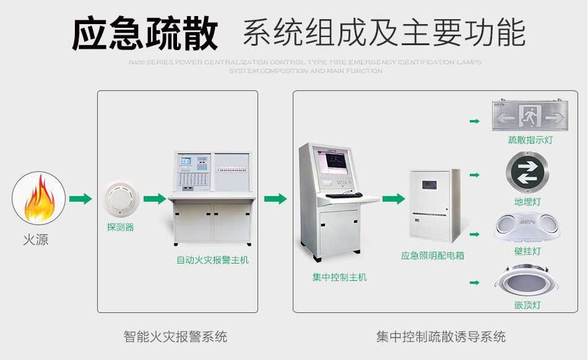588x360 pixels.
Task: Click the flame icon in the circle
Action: (38, 198)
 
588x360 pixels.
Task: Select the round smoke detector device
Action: (120, 198)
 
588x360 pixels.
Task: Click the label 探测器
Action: (120, 227)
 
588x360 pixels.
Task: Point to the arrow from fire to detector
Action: (80, 199)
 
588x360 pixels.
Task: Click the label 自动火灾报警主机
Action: (212, 260)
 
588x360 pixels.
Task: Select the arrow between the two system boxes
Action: (275, 199)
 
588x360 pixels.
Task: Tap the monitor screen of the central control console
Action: (334, 167)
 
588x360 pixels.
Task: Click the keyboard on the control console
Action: (343, 195)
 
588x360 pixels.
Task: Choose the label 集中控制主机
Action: (339, 277)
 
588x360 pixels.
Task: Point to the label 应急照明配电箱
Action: (433, 255)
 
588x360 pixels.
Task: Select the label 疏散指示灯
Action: (530, 140)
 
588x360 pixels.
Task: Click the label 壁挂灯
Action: (527, 251)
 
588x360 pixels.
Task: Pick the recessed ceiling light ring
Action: (527, 282)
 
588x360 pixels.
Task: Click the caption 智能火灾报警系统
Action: (175, 337)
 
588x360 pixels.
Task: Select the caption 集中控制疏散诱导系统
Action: (441, 337)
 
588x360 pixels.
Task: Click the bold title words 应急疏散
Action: (145, 33)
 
